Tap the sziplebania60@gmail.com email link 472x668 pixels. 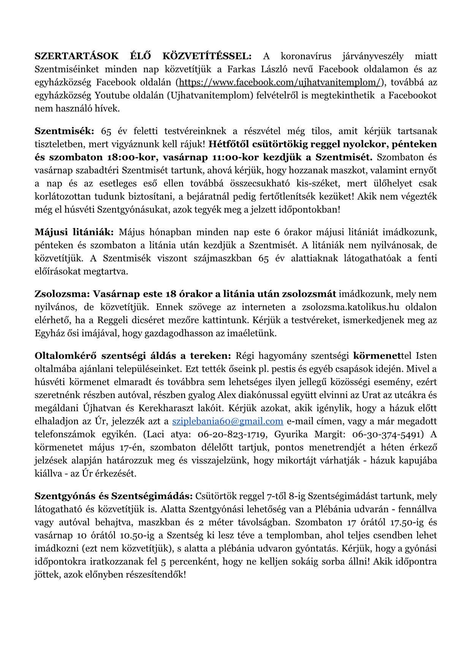pos(228,421)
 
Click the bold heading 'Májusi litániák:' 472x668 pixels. pos(74,232)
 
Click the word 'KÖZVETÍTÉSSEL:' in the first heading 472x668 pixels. pos(207,56)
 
